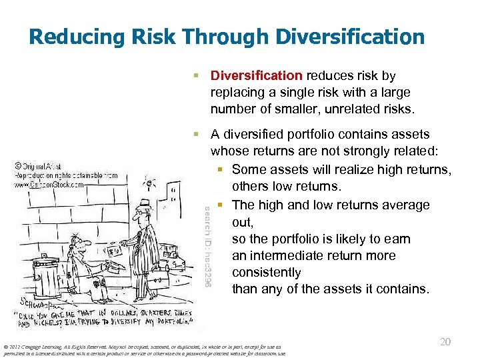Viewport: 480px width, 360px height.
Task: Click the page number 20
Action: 446,341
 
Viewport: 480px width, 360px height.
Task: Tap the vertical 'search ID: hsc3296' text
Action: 208,247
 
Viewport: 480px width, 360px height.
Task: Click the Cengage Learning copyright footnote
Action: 143,350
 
